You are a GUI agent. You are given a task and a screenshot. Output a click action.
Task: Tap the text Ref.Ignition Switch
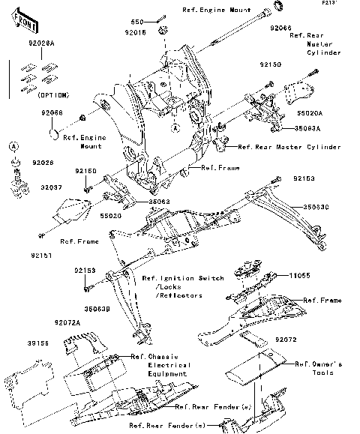183,278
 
